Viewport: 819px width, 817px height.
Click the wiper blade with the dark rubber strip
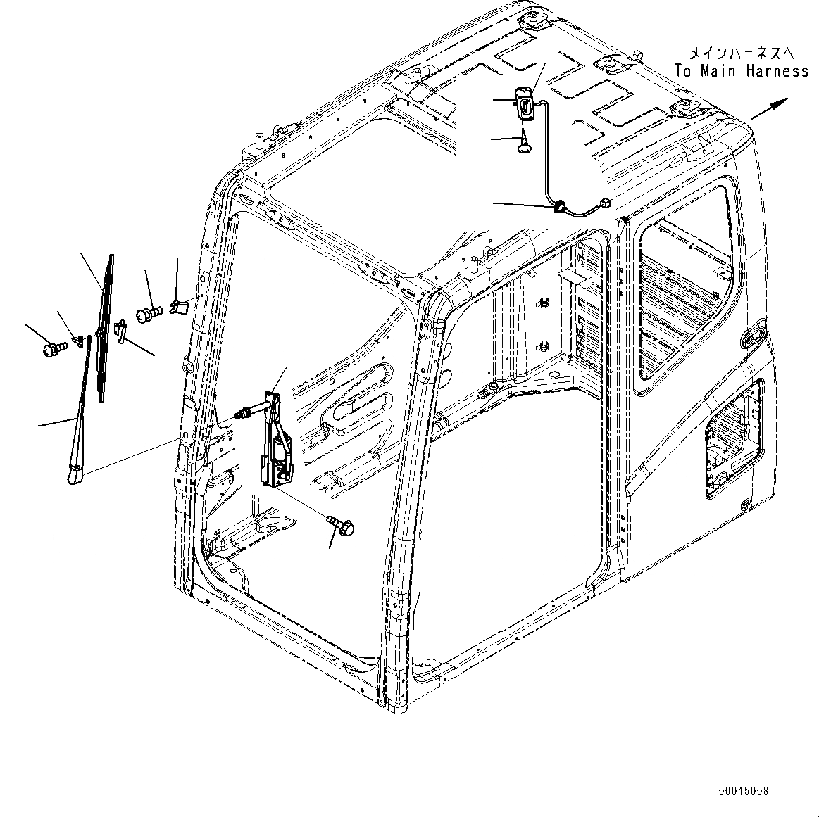[105, 327]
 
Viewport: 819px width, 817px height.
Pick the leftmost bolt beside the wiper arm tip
[52, 348]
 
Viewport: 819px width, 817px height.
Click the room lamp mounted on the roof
[525, 101]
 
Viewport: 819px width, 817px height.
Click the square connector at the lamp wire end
[603, 205]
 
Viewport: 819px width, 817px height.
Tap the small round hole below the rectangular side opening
[745, 505]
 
